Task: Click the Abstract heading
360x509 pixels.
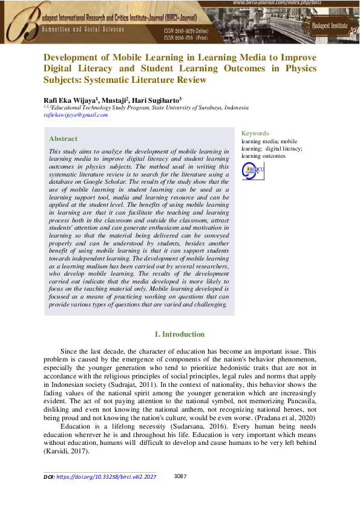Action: [63, 138]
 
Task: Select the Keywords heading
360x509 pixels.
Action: [255, 133]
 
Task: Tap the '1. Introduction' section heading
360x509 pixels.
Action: [180, 334]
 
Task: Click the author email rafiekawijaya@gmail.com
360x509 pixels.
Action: [76, 115]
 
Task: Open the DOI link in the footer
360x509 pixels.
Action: [106, 477]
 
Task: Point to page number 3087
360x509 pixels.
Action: [180, 476]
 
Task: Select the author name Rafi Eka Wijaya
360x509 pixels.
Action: [68, 100]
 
